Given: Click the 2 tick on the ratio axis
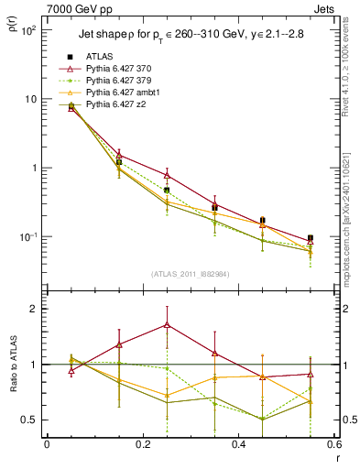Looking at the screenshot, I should (33, 309).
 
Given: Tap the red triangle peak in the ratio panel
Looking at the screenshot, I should (167, 324).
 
